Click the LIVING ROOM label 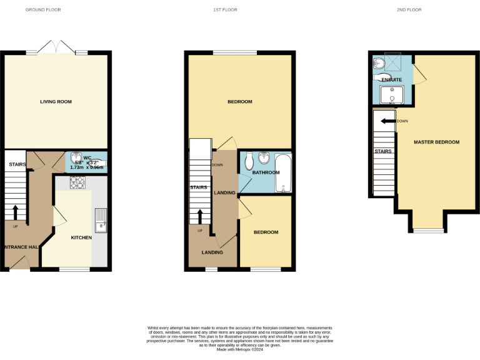(56, 101)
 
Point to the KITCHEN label (81, 237)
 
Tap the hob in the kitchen (77, 182)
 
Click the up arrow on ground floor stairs (16, 212)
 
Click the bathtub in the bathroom (283, 172)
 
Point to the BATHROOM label (266, 172)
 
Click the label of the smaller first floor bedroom (266, 232)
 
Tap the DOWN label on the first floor (217, 165)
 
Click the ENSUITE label (391, 80)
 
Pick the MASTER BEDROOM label (436, 142)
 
